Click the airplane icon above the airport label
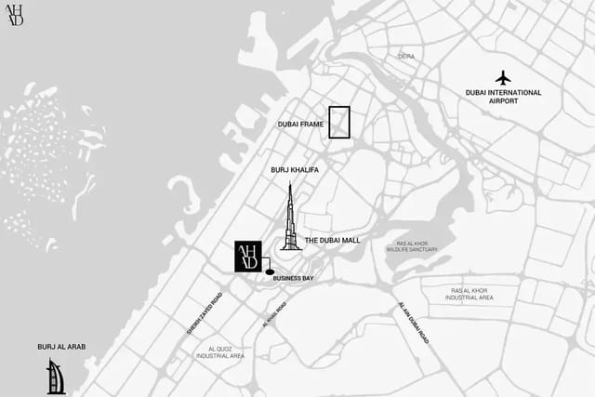click(x=504, y=76)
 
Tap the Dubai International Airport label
click(x=504, y=98)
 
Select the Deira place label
click(x=406, y=57)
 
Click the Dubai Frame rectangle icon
click(x=339, y=123)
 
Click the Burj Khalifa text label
click(x=294, y=170)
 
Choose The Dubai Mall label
click(x=332, y=240)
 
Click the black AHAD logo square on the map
click(x=247, y=257)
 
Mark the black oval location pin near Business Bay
click(x=271, y=272)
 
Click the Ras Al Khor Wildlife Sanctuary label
click(x=412, y=245)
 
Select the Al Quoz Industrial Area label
click(x=220, y=352)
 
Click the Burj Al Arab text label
click(x=61, y=347)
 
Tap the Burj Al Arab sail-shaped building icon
click(x=56, y=377)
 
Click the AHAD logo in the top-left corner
click(x=15, y=15)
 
